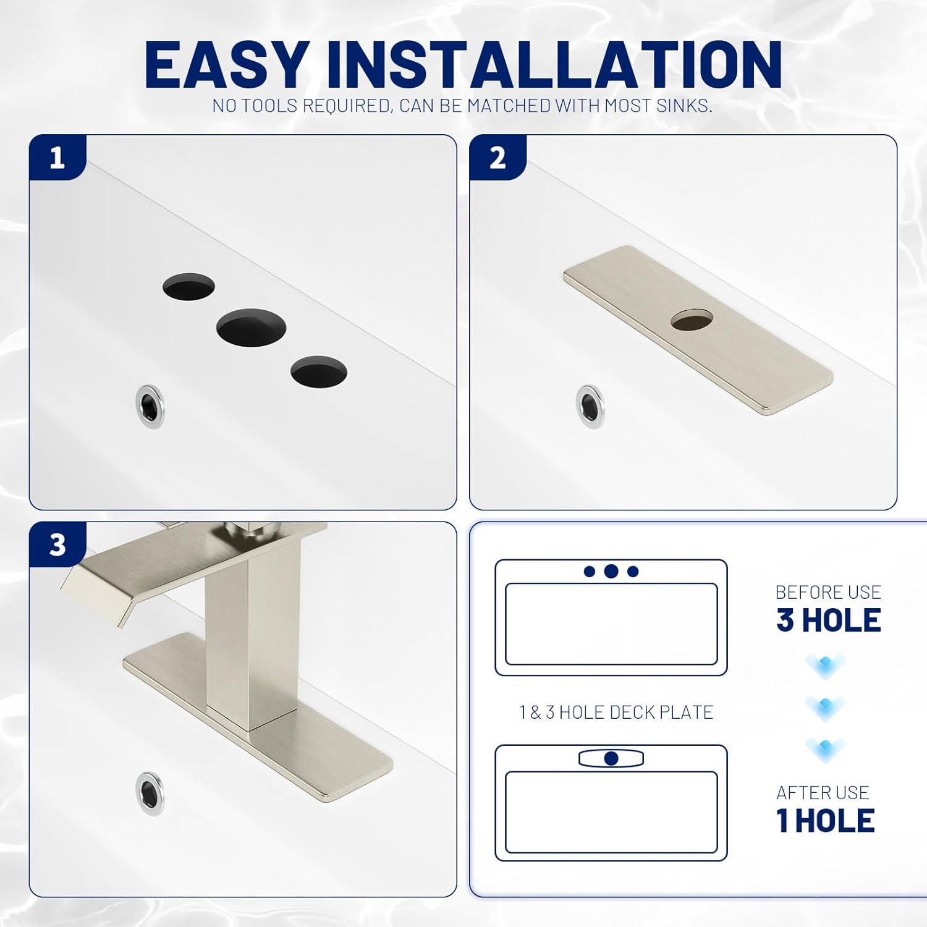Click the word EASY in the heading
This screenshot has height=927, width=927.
point(226,65)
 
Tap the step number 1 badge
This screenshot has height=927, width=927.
point(57,158)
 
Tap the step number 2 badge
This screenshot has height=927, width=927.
point(497,158)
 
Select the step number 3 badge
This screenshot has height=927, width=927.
point(57,545)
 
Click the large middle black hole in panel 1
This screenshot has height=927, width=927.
point(251,327)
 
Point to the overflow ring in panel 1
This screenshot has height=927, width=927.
point(150,407)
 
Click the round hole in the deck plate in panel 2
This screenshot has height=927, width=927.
point(692,321)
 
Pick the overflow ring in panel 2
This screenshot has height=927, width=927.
point(590,407)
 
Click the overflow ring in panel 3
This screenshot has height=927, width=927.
point(150,794)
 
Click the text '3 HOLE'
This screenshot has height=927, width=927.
point(828,620)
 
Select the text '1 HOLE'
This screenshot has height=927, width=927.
point(825,821)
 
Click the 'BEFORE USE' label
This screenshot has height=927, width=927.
point(828,592)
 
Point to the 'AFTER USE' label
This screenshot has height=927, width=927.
point(823,792)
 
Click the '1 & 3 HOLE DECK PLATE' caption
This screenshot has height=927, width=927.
point(616,713)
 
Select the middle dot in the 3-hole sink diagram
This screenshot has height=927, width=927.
point(611,571)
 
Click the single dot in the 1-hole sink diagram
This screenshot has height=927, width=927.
point(611,758)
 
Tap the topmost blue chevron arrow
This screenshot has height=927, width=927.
point(825,666)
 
